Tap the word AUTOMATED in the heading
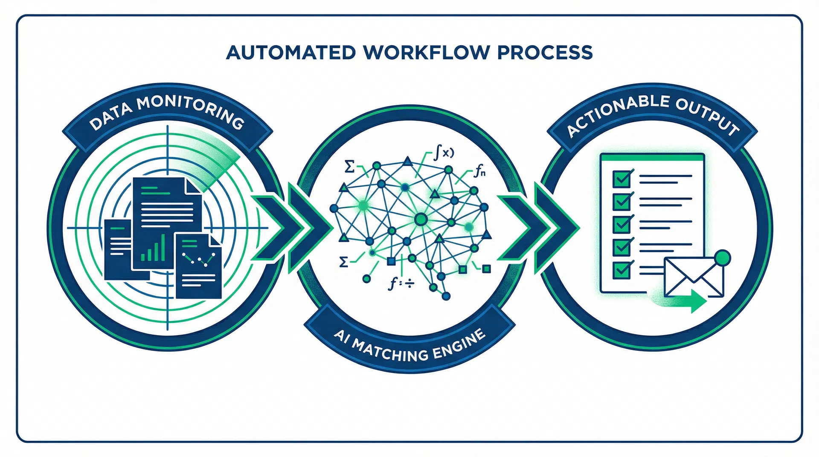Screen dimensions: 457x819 (291, 52)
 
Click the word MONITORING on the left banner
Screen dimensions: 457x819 (191, 110)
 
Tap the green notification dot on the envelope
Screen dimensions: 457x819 (722, 258)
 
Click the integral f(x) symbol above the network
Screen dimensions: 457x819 (444, 153)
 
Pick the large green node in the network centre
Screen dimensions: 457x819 (421, 220)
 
